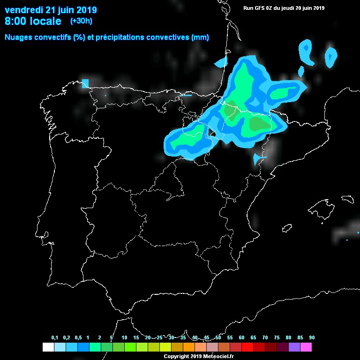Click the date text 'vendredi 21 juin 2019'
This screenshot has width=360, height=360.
click(51, 10)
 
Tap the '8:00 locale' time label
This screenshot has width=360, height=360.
click(33, 22)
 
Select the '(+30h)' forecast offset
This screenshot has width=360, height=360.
click(82, 21)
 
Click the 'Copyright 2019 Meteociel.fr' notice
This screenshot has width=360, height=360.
click(199, 357)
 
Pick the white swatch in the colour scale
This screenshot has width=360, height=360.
click(48, 347)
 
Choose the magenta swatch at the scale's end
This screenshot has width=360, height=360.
click(306, 347)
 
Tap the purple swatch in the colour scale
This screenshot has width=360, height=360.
click(294, 347)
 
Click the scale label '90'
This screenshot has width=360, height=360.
click(312, 338)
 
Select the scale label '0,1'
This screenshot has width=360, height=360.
click(55, 338)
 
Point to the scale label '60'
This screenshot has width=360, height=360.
click(241, 338)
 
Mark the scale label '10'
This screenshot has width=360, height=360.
click(124, 338)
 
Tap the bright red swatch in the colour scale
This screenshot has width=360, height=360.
click(247, 347)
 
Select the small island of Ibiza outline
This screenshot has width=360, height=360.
click(286, 228)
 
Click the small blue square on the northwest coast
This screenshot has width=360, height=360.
click(85, 83)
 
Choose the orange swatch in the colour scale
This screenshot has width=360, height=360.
click(189, 347)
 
